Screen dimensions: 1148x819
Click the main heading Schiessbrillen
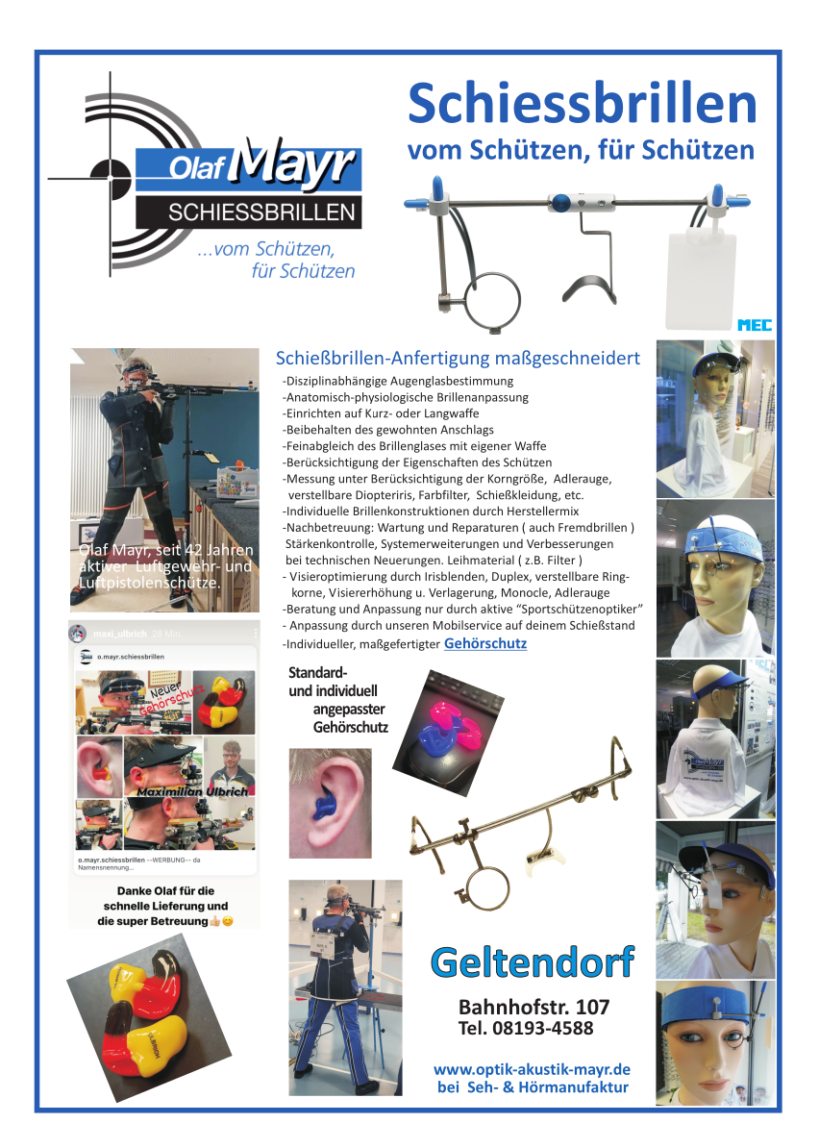click(582, 104)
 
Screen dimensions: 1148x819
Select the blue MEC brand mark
click(755, 325)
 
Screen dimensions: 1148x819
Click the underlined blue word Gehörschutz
click(485, 643)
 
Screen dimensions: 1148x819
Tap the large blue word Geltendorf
click(533, 961)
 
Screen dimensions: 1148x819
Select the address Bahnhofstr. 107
click(534, 1008)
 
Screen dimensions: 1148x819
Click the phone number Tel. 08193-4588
click(526, 1029)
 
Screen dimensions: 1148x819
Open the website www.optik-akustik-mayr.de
click(532, 1069)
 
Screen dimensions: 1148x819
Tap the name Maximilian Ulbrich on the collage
click(191, 790)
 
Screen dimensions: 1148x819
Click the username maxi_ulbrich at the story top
click(119, 635)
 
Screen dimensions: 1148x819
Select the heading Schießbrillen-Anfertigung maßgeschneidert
click(458, 359)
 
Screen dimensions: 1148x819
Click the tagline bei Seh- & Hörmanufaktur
click(533, 1087)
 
